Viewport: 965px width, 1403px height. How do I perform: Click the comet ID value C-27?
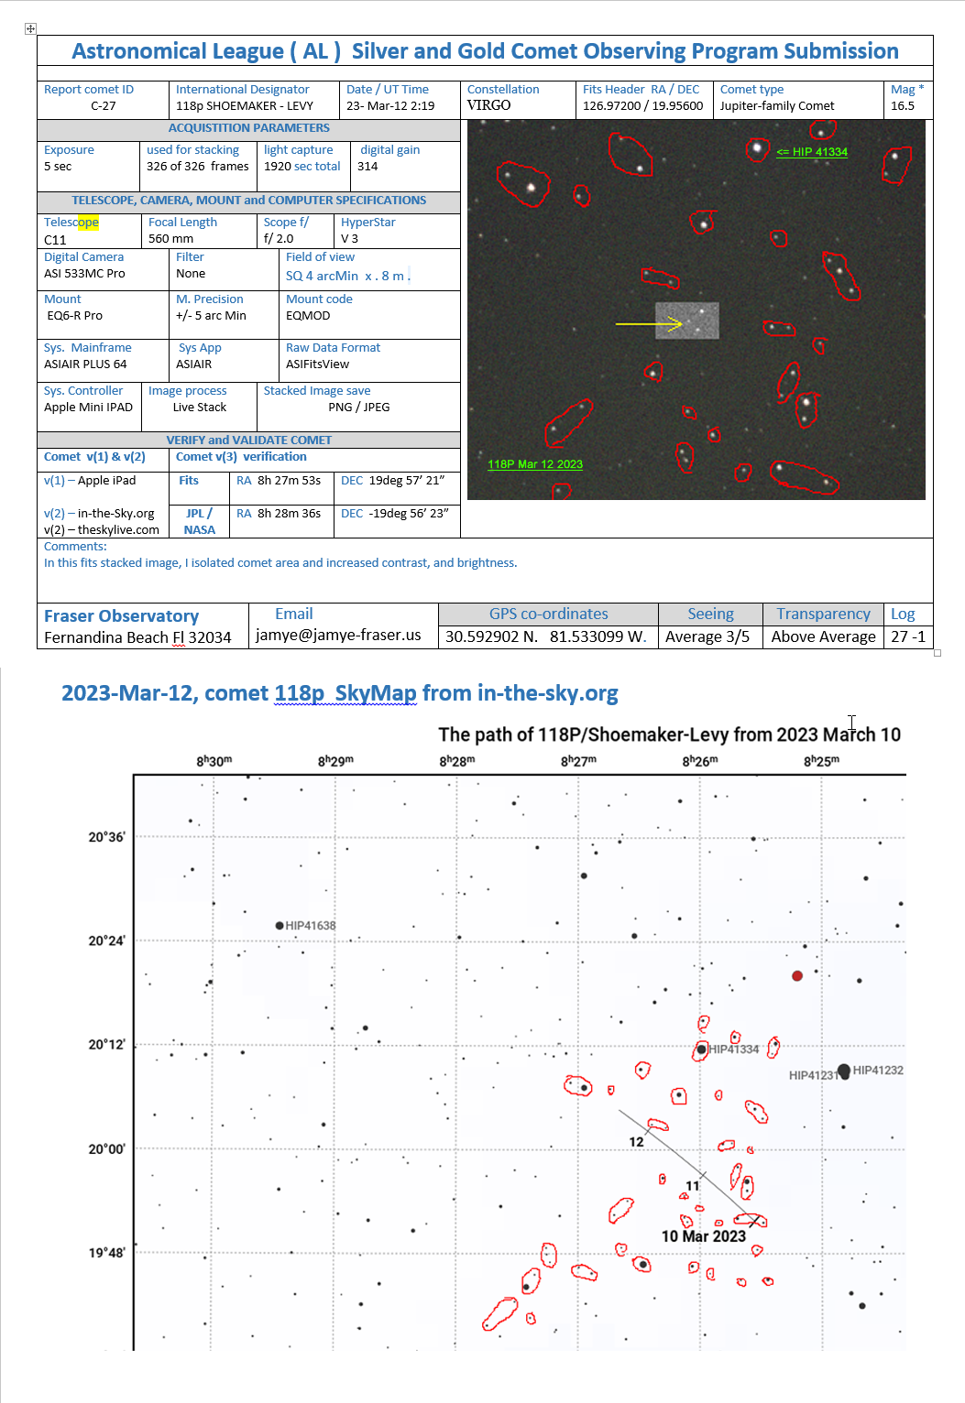pyautogui.click(x=103, y=106)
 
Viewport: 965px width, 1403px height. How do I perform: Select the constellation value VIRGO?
pyautogui.click(x=488, y=105)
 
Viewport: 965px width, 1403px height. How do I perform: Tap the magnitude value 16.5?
pyautogui.click(x=903, y=106)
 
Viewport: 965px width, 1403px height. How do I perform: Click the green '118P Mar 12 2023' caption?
pyautogui.click(x=535, y=464)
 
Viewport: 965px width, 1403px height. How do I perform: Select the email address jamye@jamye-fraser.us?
pyautogui.click(x=338, y=635)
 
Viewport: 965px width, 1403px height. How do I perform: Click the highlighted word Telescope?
pyautogui.click(x=71, y=223)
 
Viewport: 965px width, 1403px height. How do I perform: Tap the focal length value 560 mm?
pyautogui.click(x=170, y=239)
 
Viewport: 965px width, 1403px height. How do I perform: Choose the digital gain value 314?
pyautogui.click(x=367, y=167)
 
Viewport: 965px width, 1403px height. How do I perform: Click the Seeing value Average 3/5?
pyautogui.click(x=707, y=636)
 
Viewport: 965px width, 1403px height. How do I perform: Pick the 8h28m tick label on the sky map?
pyautogui.click(x=456, y=761)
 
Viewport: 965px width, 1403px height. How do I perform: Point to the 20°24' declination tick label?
pyautogui.click(x=106, y=941)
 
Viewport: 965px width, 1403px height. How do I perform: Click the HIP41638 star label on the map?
pyautogui.click(x=310, y=926)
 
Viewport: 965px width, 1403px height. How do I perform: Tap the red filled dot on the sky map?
pyautogui.click(x=797, y=976)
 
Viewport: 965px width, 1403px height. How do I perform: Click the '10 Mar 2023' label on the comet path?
pyautogui.click(x=704, y=1236)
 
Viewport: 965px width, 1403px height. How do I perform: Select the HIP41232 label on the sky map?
pyautogui.click(x=878, y=1070)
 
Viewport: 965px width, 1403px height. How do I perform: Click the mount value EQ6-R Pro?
pyautogui.click(x=75, y=316)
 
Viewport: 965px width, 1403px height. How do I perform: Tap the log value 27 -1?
pyautogui.click(x=908, y=636)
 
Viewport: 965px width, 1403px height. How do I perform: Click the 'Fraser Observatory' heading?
pyautogui.click(x=121, y=616)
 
